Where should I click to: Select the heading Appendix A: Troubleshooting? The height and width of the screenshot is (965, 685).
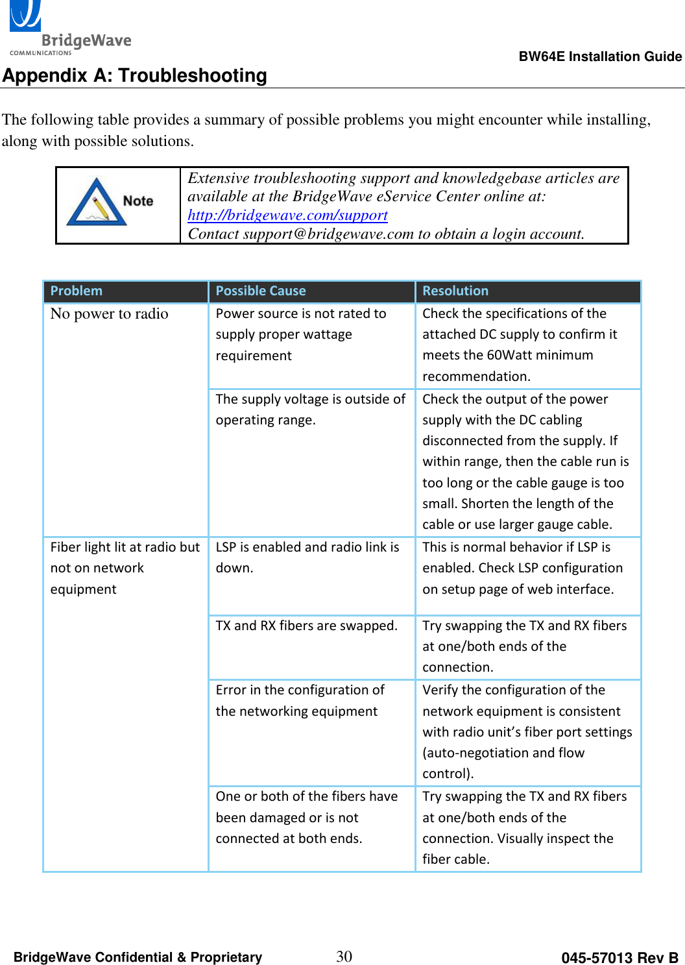pyautogui.click(x=134, y=76)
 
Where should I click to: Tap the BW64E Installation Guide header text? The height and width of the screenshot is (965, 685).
pyautogui.click(x=600, y=56)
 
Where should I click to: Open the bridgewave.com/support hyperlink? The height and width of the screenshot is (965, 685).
pyautogui.click(x=287, y=215)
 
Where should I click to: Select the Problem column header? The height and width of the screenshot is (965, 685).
pyautogui.click(x=77, y=291)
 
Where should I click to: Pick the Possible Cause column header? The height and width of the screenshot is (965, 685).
pyautogui.click(x=261, y=291)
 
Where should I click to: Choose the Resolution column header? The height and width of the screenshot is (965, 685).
pyautogui.click(x=455, y=291)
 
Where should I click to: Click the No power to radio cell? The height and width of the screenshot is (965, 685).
pyautogui.click(x=109, y=314)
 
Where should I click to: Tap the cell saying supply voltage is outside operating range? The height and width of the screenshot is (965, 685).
pyautogui.click(x=310, y=409)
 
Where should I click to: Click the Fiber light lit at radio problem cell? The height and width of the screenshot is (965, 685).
pyautogui.click(x=125, y=568)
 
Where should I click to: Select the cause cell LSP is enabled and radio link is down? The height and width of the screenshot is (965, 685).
pyautogui.click(x=307, y=557)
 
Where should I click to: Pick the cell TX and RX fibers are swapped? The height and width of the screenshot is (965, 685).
pyautogui.click(x=306, y=626)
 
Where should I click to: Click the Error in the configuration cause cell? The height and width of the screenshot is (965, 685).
pyautogui.click(x=300, y=700)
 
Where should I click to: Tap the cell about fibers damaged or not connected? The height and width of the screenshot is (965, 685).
pyautogui.click(x=306, y=817)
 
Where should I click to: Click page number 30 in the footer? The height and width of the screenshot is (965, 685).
pyautogui.click(x=344, y=956)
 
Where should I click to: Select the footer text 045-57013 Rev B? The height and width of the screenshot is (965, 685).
pyautogui.click(x=619, y=958)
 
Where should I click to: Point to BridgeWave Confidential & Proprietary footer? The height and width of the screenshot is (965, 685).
pyautogui.click(x=138, y=957)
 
